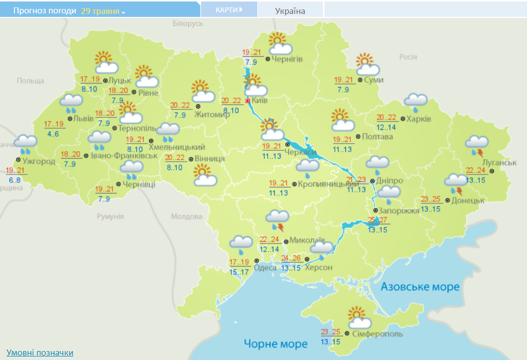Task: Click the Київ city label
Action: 259,100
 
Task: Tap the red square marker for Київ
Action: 248,100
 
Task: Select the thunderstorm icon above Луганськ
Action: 477,145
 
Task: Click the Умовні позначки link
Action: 40,353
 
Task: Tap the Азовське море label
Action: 420,287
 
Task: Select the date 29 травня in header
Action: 100,10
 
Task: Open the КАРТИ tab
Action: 229,10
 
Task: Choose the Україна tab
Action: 290,11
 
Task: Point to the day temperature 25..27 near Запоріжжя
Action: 378,220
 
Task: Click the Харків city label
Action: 419,119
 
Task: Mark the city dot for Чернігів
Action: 268,59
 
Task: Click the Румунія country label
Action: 110,216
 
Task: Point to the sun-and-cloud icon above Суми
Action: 368,64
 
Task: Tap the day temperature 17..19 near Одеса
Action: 239,263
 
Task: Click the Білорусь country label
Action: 188,24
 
